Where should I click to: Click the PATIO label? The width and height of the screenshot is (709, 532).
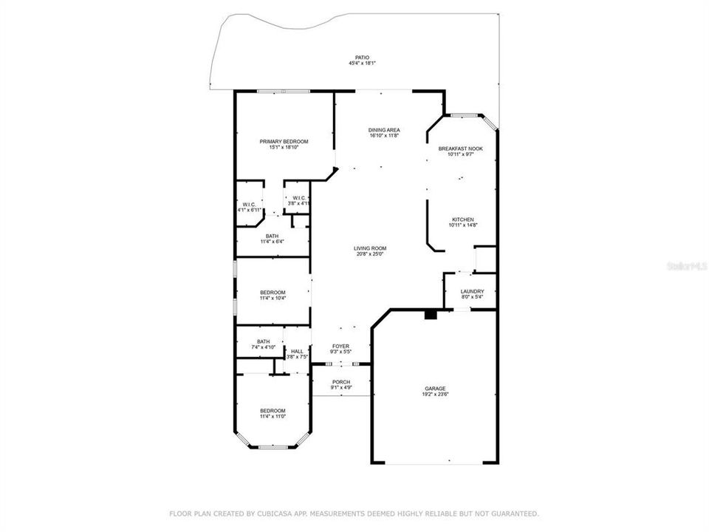tap(361, 57)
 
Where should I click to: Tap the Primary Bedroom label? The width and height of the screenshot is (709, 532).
tap(284, 141)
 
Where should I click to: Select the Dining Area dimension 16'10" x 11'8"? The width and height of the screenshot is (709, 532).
tap(384, 136)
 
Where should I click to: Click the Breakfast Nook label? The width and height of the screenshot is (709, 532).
tap(460, 149)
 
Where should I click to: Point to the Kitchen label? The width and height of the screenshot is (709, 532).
tap(463, 219)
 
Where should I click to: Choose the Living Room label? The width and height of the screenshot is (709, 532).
tap(369, 248)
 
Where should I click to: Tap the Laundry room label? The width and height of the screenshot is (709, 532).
tap(472, 291)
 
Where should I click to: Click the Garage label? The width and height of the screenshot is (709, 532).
tap(435, 388)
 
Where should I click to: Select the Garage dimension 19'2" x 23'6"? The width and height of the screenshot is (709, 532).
tap(435, 395)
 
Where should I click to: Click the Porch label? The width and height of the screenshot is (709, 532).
tap(340, 381)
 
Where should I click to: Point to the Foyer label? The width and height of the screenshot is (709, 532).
tap(340, 346)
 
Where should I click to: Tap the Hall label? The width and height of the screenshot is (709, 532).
tap(297, 351)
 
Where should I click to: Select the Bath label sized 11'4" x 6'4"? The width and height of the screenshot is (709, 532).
tap(273, 236)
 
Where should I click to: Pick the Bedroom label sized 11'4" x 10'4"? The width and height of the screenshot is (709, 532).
tap(273, 293)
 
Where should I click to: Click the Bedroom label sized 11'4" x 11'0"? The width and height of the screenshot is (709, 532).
tap(273, 411)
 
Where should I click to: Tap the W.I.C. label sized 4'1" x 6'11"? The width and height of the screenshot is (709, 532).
tap(249, 204)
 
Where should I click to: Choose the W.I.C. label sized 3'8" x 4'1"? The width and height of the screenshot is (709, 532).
tap(299, 198)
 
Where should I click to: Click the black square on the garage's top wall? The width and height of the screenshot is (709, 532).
tap(431, 315)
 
